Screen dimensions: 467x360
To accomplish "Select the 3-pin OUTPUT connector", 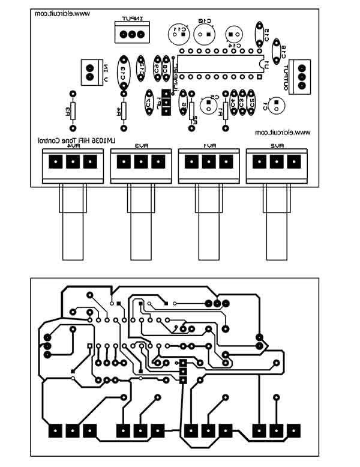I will [x=301, y=76].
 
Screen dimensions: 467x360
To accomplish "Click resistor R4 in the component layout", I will [x=124, y=111].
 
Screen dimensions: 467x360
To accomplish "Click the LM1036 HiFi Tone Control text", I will [x=77, y=139].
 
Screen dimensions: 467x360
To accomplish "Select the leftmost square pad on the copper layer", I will [x=55, y=430].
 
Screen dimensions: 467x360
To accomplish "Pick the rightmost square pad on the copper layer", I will [x=294, y=430].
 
